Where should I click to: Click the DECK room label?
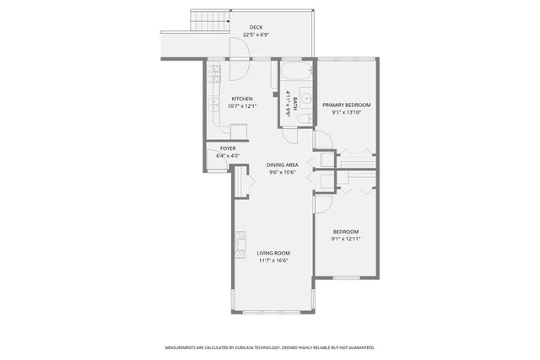tap(256, 28)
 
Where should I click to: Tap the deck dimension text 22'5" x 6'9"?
tap(256, 35)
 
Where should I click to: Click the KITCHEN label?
tap(242, 99)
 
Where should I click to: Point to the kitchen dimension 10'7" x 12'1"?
tap(242, 106)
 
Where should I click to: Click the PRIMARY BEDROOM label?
tap(346, 105)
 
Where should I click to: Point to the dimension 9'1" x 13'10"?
tap(346, 112)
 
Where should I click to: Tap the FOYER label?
tap(228, 148)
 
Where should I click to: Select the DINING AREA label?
tap(282, 164)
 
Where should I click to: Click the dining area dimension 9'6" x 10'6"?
tap(282, 172)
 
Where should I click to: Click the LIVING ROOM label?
tap(273, 253)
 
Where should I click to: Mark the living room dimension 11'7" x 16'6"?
tap(273, 261)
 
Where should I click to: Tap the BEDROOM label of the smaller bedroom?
tap(345, 232)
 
